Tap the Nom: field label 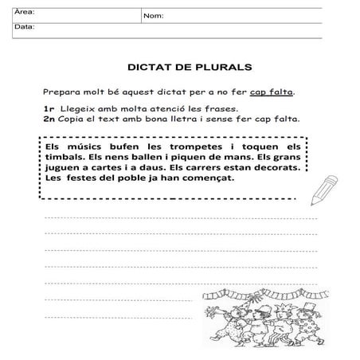tap(154, 16)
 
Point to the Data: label tap(25, 27)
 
